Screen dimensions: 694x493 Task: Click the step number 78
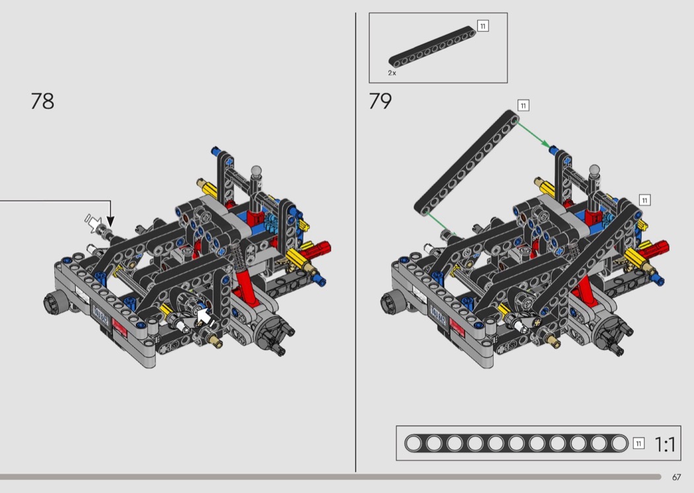(42, 101)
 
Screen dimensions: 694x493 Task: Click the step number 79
(380, 101)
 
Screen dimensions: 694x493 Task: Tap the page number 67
(676, 477)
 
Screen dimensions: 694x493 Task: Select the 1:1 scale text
(665, 444)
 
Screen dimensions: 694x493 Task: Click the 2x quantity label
(392, 73)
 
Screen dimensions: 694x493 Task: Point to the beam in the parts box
(432, 47)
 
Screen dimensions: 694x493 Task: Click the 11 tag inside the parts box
(483, 26)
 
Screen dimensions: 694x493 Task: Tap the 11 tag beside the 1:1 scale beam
(638, 443)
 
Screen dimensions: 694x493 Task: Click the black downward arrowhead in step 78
(110, 221)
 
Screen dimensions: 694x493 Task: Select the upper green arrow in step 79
(534, 135)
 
